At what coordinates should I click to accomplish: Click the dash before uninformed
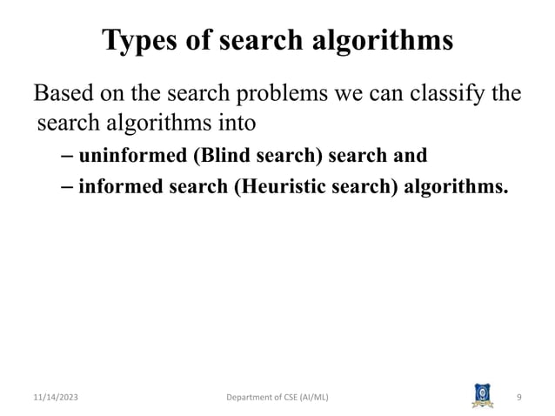pos(67,157)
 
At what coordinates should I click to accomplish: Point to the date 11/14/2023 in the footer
pos(53,398)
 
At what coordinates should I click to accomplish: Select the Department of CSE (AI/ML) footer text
pos(277,398)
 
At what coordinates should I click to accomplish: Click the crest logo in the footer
pos(481,395)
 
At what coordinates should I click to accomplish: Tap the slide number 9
pos(518,398)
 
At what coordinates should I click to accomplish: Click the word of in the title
pos(192,40)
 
